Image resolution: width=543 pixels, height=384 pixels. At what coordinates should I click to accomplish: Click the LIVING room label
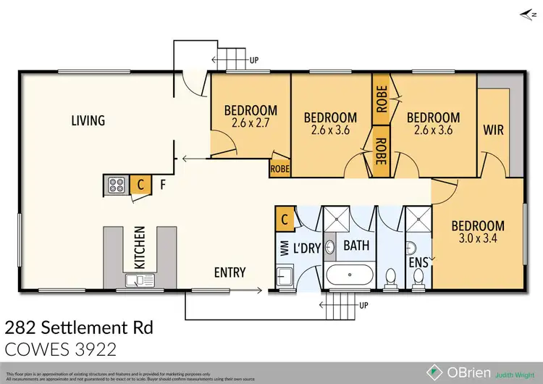(88, 120)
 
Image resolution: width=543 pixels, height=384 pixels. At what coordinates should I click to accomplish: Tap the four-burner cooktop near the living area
(116, 185)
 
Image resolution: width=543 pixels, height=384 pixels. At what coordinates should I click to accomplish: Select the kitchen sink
(135, 280)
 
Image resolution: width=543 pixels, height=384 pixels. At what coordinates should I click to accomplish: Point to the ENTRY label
(230, 273)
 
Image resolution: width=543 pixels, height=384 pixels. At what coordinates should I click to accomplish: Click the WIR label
(493, 131)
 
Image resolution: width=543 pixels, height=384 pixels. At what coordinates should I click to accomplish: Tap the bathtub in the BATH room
(350, 276)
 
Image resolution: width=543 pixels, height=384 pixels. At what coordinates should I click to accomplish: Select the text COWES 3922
(61, 351)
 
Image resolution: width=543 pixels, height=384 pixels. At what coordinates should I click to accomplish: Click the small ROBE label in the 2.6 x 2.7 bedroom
(279, 168)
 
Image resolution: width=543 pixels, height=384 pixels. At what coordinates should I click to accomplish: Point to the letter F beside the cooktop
(164, 185)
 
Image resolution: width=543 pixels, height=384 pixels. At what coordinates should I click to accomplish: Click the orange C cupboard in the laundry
(285, 217)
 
